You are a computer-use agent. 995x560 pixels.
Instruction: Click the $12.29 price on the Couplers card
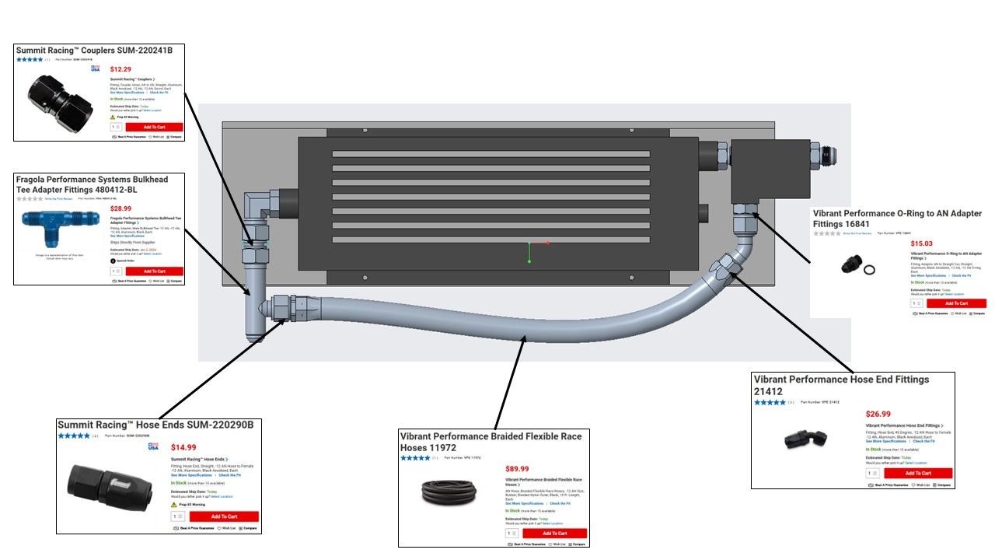click(x=120, y=69)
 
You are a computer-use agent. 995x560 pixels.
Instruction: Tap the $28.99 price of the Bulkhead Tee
click(x=120, y=208)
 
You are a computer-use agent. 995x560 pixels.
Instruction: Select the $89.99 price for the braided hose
click(x=517, y=468)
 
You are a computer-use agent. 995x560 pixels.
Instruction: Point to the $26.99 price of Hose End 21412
click(x=878, y=415)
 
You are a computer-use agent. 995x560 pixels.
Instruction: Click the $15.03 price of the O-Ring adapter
click(x=921, y=243)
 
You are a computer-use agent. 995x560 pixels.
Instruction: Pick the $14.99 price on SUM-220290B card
click(x=183, y=447)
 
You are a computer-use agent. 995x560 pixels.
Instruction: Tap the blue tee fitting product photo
click(x=60, y=225)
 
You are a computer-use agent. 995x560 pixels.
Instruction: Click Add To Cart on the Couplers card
click(x=154, y=127)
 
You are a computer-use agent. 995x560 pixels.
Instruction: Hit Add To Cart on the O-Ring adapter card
click(x=956, y=303)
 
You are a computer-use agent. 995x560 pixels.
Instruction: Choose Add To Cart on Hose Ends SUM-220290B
click(x=224, y=516)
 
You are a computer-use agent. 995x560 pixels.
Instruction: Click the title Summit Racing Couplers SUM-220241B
click(x=94, y=51)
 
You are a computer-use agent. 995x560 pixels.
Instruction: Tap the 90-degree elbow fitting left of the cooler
click(x=258, y=208)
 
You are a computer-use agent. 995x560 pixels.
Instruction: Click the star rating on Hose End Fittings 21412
click(x=770, y=402)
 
